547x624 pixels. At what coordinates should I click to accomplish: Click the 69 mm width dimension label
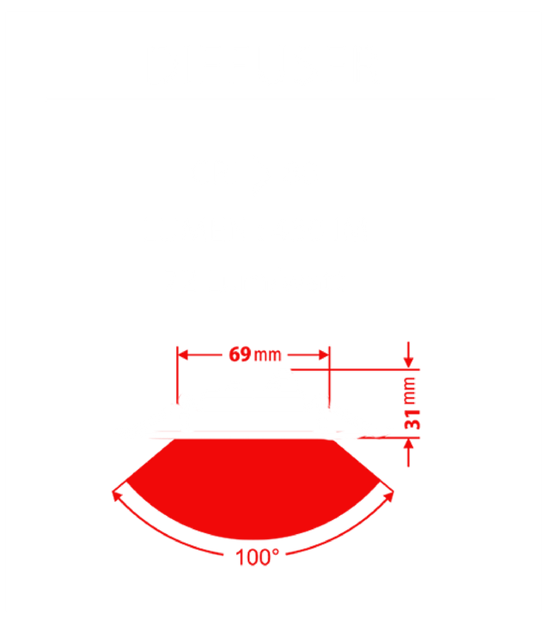tap(254, 355)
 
